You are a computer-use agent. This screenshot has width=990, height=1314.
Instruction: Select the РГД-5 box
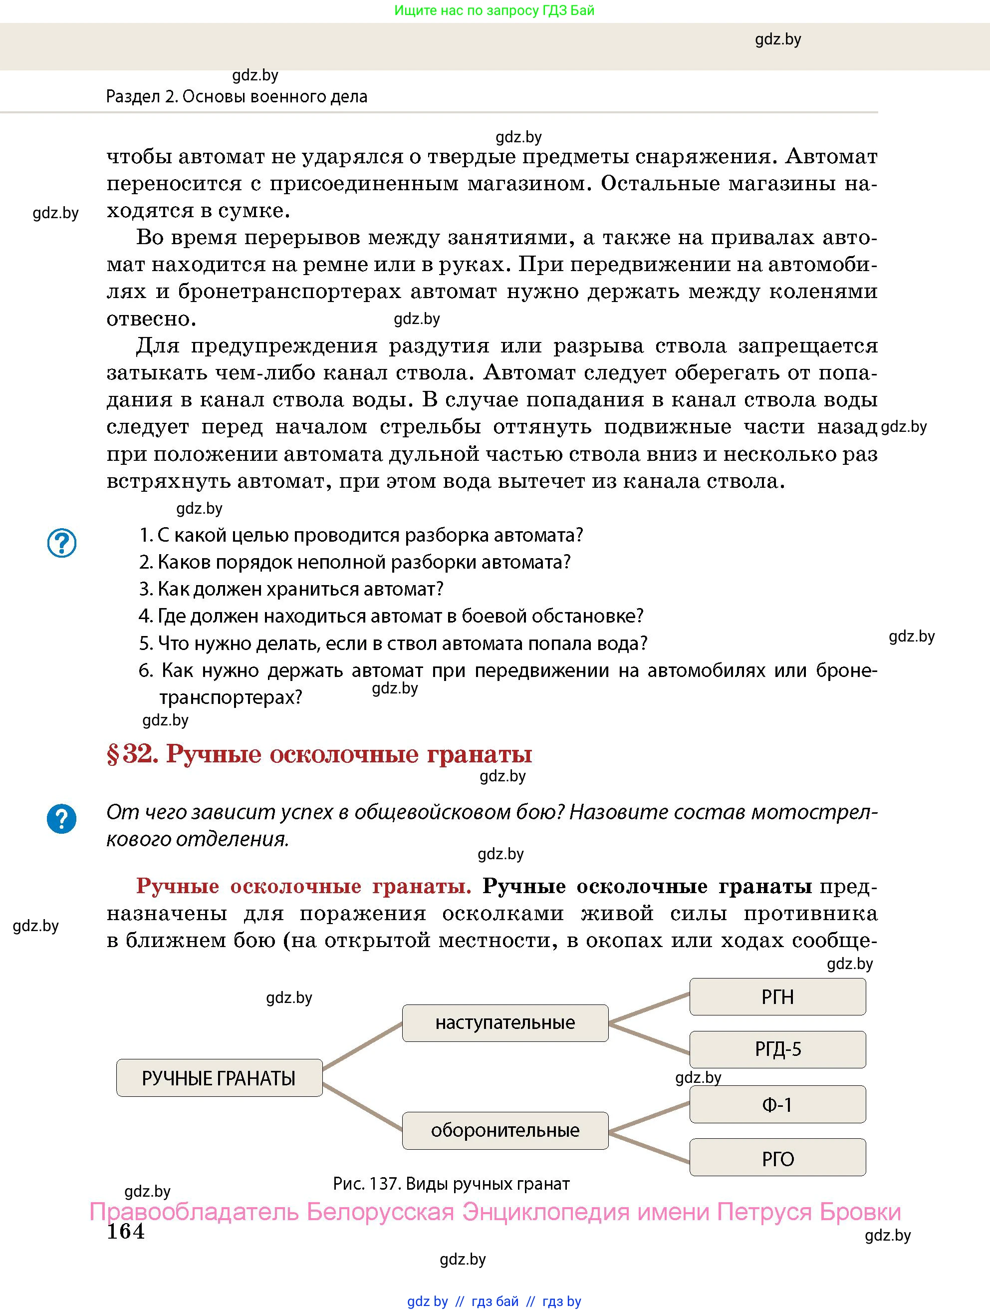point(777,1049)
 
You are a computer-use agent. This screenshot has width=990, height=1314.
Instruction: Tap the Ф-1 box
point(777,1104)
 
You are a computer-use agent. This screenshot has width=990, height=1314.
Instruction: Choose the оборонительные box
point(505,1130)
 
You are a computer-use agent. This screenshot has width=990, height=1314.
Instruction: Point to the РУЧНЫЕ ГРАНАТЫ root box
point(219,1077)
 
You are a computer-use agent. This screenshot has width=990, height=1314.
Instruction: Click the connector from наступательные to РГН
point(649,1008)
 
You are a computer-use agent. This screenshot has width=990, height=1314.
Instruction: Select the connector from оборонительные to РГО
point(649,1146)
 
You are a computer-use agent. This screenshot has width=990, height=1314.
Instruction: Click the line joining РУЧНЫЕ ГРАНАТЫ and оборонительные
point(362,1105)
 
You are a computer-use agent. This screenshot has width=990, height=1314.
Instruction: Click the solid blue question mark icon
point(62,819)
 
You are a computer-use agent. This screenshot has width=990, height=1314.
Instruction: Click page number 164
point(125,1232)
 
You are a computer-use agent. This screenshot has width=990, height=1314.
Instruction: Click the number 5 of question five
point(145,644)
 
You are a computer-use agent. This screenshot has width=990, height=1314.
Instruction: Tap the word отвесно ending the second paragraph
point(151,319)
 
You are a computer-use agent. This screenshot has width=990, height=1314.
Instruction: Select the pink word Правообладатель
point(194,1212)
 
